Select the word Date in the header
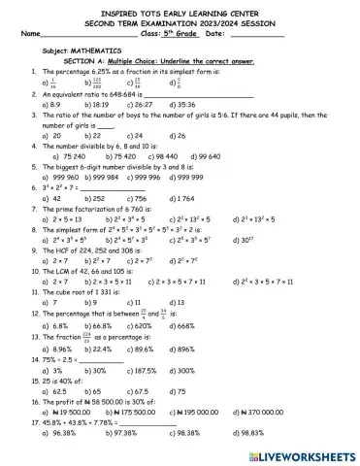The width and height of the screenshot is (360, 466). point(215,34)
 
